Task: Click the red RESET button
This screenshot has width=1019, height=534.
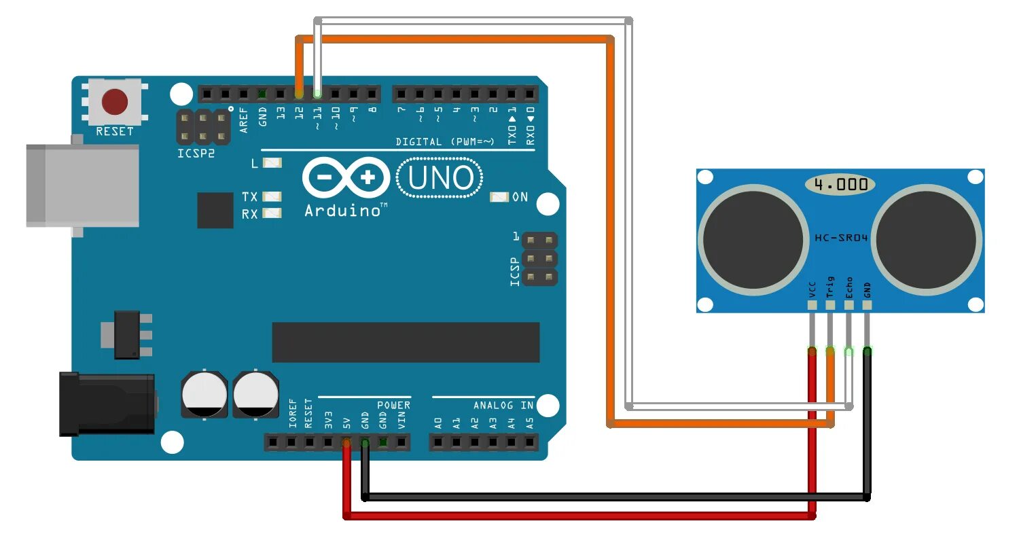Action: [114, 102]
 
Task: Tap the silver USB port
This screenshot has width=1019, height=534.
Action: [82, 185]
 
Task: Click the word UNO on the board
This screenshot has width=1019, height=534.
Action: [440, 178]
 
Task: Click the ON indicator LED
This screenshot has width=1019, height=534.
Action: [499, 197]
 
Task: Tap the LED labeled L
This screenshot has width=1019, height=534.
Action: [272, 163]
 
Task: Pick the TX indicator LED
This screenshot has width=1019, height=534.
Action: [272, 196]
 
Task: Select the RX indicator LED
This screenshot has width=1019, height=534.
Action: [272, 213]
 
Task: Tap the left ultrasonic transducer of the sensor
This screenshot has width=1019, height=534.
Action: [753, 239]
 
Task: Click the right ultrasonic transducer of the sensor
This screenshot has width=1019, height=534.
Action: [927, 239]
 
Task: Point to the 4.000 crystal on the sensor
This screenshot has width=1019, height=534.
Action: [840, 184]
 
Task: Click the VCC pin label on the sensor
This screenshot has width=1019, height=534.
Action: [812, 289]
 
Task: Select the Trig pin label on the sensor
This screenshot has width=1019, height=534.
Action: [829, 287]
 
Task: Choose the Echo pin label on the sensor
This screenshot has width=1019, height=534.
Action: [848, 287]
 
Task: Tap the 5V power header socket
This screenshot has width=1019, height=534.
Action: [346, 443]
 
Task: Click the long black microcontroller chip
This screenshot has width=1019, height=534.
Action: [406, 342]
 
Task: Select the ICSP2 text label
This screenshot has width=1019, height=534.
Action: [196, 154]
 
